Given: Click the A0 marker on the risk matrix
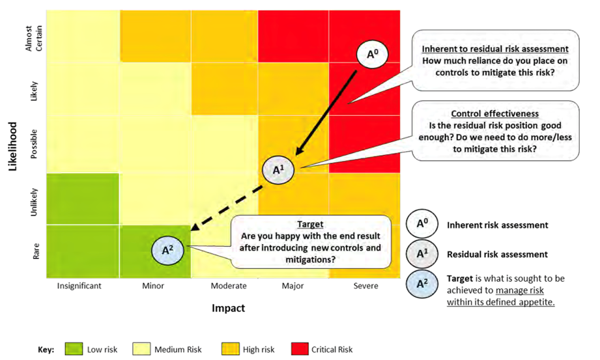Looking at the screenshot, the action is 373,54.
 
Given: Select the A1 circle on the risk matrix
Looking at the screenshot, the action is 278,170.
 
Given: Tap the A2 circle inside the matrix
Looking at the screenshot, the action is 167,250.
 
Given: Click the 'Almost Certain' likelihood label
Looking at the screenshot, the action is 34,38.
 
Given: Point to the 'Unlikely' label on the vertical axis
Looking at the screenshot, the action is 34,202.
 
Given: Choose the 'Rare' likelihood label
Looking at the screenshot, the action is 36,251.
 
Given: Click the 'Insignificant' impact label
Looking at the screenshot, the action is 79,286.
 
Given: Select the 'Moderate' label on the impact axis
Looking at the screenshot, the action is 229,286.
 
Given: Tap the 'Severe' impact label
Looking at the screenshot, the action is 366,286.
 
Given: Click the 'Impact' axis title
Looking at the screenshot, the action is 229,308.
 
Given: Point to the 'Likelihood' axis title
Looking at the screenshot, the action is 12,146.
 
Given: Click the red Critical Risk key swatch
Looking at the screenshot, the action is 300,349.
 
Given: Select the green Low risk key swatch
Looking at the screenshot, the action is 74,349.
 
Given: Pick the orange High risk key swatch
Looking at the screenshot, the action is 231,349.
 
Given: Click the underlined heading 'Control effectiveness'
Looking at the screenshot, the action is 494,114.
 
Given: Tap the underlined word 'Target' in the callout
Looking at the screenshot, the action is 310,224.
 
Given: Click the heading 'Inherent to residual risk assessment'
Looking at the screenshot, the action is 495,49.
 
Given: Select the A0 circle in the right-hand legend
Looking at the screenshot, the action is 422,224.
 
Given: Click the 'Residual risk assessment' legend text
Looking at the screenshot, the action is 498,255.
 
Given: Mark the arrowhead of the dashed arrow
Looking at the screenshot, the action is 194,227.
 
